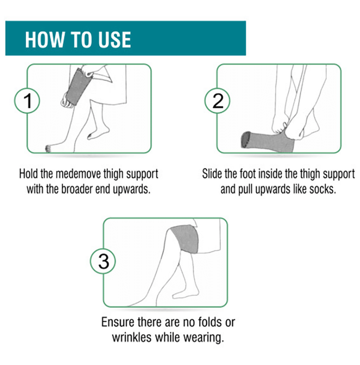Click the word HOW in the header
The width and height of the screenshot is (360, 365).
pyautogui.click(x=44, y=40)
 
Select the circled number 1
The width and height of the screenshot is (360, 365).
pyautogui.click(x=27, y=101)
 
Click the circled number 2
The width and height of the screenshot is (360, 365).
pyautogui.click(x=218, y=101)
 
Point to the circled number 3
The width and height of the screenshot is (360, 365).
pyautogui.click(x=103, y=261)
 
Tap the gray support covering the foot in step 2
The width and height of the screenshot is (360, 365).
pyautogui.click(x=267, y=142)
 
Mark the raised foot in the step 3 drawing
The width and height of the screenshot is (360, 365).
pyautogui.click(x=186, y=294)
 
